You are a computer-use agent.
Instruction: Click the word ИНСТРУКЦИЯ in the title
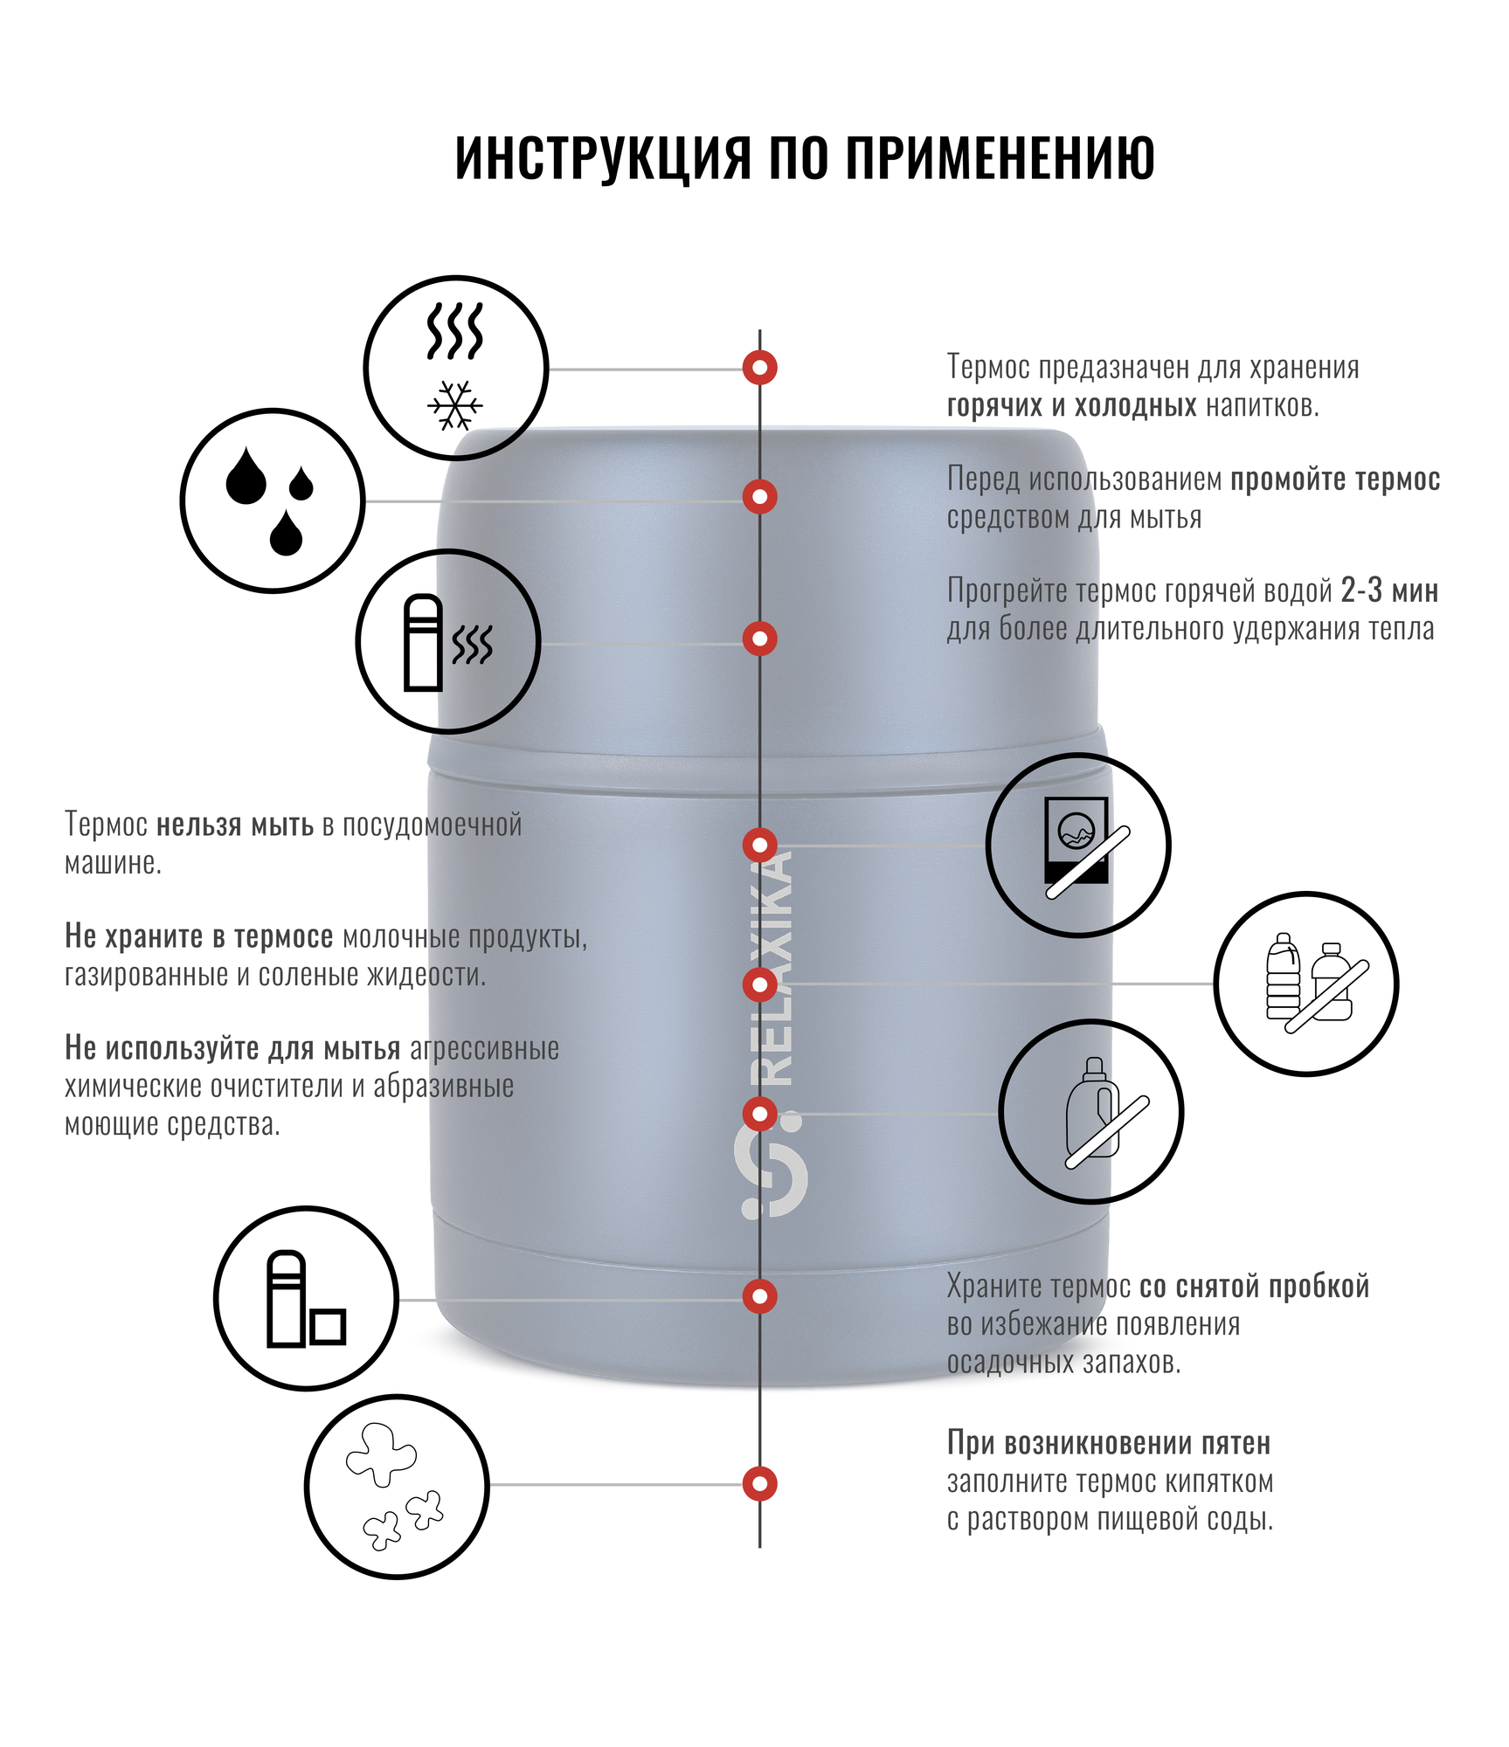tap(603, 158)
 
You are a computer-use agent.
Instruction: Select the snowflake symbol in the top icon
tap(455, 405)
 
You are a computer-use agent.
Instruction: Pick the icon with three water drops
tap(272, 501)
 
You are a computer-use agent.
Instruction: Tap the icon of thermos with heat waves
tap(447, 642)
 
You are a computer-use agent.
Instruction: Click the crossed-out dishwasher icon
tap(1077, 845)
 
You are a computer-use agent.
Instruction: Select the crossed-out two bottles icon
tap(1305, 984)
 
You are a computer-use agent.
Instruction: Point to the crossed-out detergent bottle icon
tap(1090, 1111)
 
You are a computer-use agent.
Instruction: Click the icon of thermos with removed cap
tap(306, 1299)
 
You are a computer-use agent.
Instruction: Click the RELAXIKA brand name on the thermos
tap(772, 969)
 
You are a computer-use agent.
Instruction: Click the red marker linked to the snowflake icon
tap(759, 368)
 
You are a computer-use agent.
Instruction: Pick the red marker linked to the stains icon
tap(759, 1483)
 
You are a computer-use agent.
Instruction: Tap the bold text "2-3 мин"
tap(1389, 591)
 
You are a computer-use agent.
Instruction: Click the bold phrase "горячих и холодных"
tap(1071, 406)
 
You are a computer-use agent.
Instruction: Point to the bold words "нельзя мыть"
tap(234, 825)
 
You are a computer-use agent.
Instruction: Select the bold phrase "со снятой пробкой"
tap(1254, 1287)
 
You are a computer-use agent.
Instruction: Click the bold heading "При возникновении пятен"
tap(1108, 1443)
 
